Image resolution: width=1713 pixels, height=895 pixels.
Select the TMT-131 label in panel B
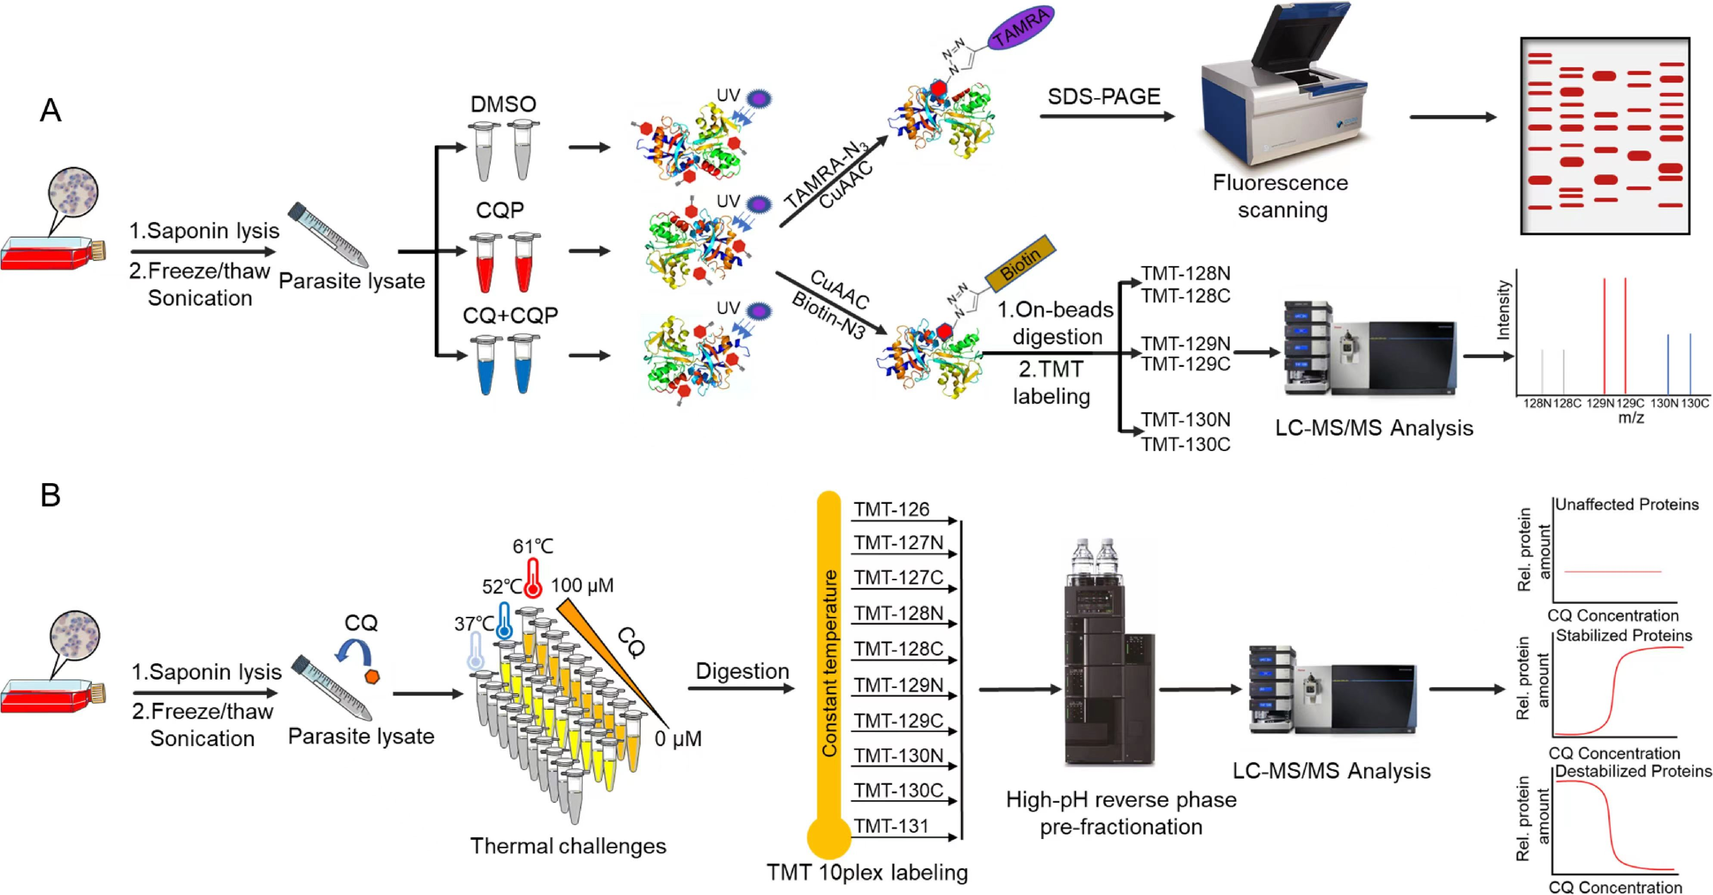point(891,826)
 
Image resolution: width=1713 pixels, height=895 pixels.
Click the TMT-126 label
point(891,510)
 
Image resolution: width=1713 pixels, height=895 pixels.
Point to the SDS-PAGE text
point(1104,97)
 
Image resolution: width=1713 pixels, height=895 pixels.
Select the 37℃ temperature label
point(474,624)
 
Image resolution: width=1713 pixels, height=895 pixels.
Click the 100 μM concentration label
point(582,585)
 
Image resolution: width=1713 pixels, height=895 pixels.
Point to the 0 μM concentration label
point(678,739)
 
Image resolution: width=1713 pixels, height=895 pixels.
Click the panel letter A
point(50,110)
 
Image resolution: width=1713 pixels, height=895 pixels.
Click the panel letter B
point(50,495)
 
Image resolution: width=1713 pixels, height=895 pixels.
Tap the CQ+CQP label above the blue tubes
point(510,315)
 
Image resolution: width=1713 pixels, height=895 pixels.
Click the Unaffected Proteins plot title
point(1626,505)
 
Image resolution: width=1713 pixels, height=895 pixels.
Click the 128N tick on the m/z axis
point(1537,403)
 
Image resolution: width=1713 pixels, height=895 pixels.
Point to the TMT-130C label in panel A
point(1185,444)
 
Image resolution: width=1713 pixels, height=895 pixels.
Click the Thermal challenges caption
point(568,846)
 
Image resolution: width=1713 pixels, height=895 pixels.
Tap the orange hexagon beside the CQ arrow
point(372,676)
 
